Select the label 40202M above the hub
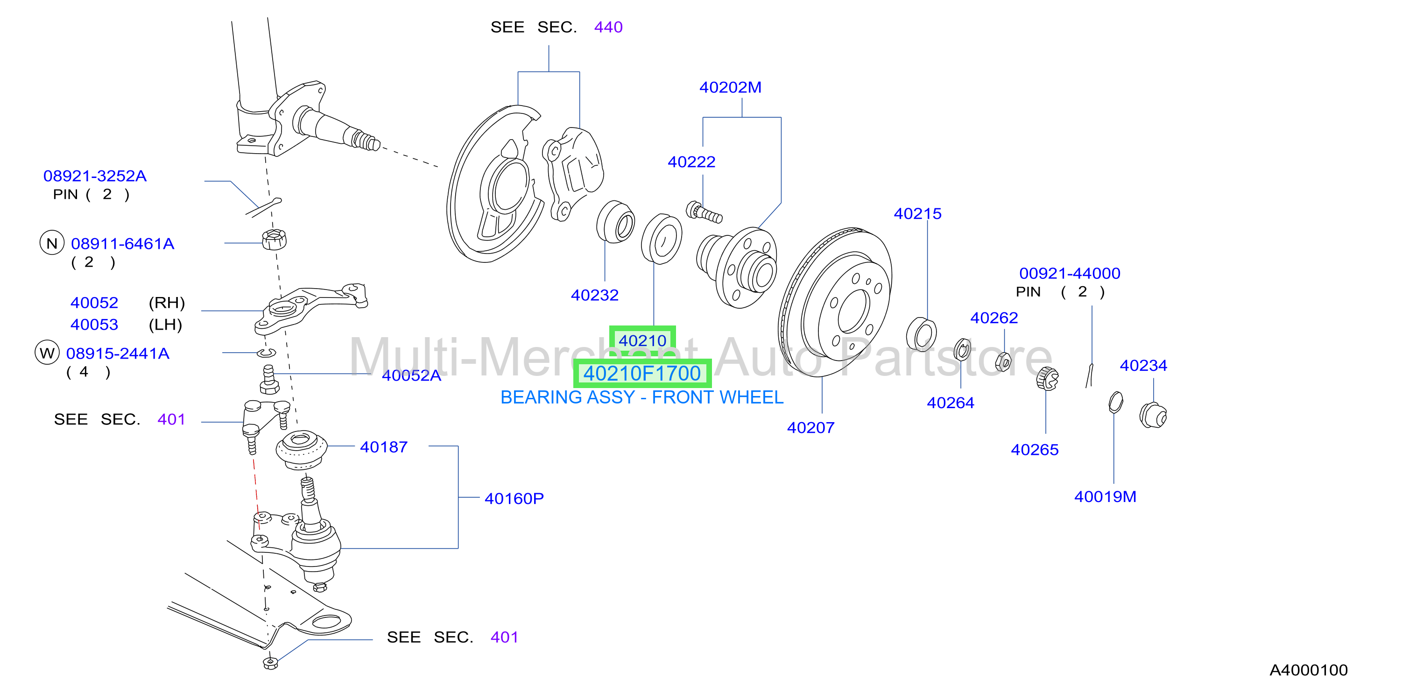[730, 87]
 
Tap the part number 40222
[691, 162]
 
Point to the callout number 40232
[594, 295]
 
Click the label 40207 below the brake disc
[810, 427]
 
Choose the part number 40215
[917, 213]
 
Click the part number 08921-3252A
[95, 176]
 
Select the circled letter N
[52, 243]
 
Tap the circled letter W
[47, 353]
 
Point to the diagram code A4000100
[1308, 670]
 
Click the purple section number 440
[608, 27]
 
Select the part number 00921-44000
[1070, 273]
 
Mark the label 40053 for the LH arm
[94, 325]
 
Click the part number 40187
[384, 447]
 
